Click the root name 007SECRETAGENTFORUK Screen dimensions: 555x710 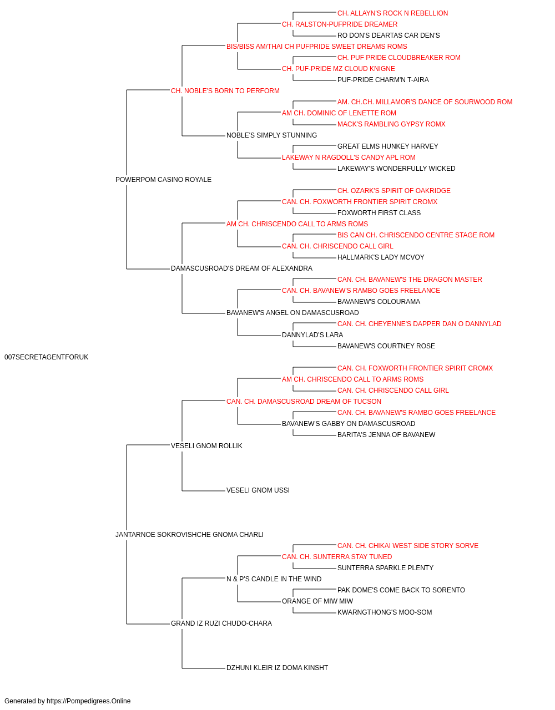pyautogui.click(x=47, y=357)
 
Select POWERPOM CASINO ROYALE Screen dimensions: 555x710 pyautogui.click(x=163, y=180)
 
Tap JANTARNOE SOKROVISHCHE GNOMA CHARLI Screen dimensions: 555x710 pyautogui.click(x=190, y=535)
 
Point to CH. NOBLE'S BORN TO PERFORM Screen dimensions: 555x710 pyautogui.click(x=225, y=91)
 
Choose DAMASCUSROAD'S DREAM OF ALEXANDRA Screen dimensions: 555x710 pyautogui.click(x=241, y=268)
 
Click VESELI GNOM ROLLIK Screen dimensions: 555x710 pyautogui.click(x=206, y=446)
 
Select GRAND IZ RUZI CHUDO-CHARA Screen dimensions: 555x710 pyautogui.click(x=221, y=623)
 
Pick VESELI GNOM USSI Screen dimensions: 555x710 pyautogui.click(x=258, y=490)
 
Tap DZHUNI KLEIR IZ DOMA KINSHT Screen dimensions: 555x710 pyautogui.click(x=277, y=668)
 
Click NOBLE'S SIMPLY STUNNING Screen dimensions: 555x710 pyautogui.click(x=271, y=135)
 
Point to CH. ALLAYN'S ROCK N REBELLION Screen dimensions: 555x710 pyautogui.click(x=392, y=13)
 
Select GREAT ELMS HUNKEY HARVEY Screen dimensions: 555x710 pyautogui.click(x=387, y=146)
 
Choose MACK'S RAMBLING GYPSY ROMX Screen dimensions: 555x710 pyautogui.click(x=391, y=124)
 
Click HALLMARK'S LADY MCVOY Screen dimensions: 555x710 pyautogui.click(x=381, y=257)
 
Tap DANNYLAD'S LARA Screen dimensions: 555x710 pyautogui.click(x=312, y=335)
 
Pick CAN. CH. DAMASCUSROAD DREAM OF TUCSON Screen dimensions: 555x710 pyautogui.click(x=304, y=402)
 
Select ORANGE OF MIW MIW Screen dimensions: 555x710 pyautogui.click(x=317, y=601)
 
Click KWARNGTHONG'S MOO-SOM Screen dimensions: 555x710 pyautogui.click(x=385, y=612)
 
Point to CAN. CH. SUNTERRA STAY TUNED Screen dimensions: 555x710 pyautogui.click(x=337, y=557)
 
